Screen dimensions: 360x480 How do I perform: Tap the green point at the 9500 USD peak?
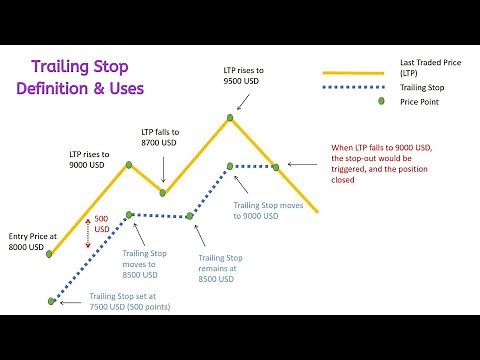tap(229, 118)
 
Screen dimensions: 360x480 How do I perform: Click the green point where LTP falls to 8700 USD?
tap(163, 190)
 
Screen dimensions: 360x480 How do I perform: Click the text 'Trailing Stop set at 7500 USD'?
tap(129, 301)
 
